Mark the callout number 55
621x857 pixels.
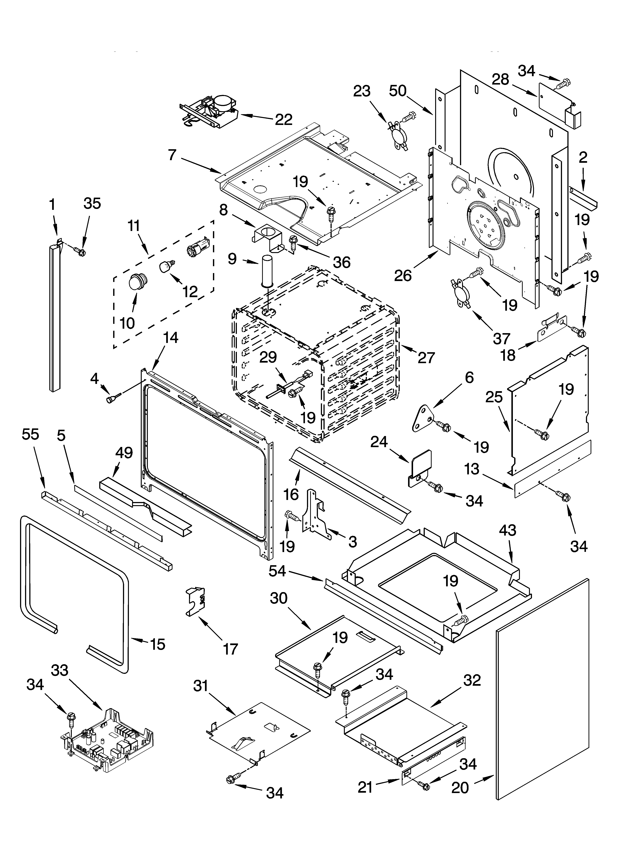[x=30, y=435]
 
